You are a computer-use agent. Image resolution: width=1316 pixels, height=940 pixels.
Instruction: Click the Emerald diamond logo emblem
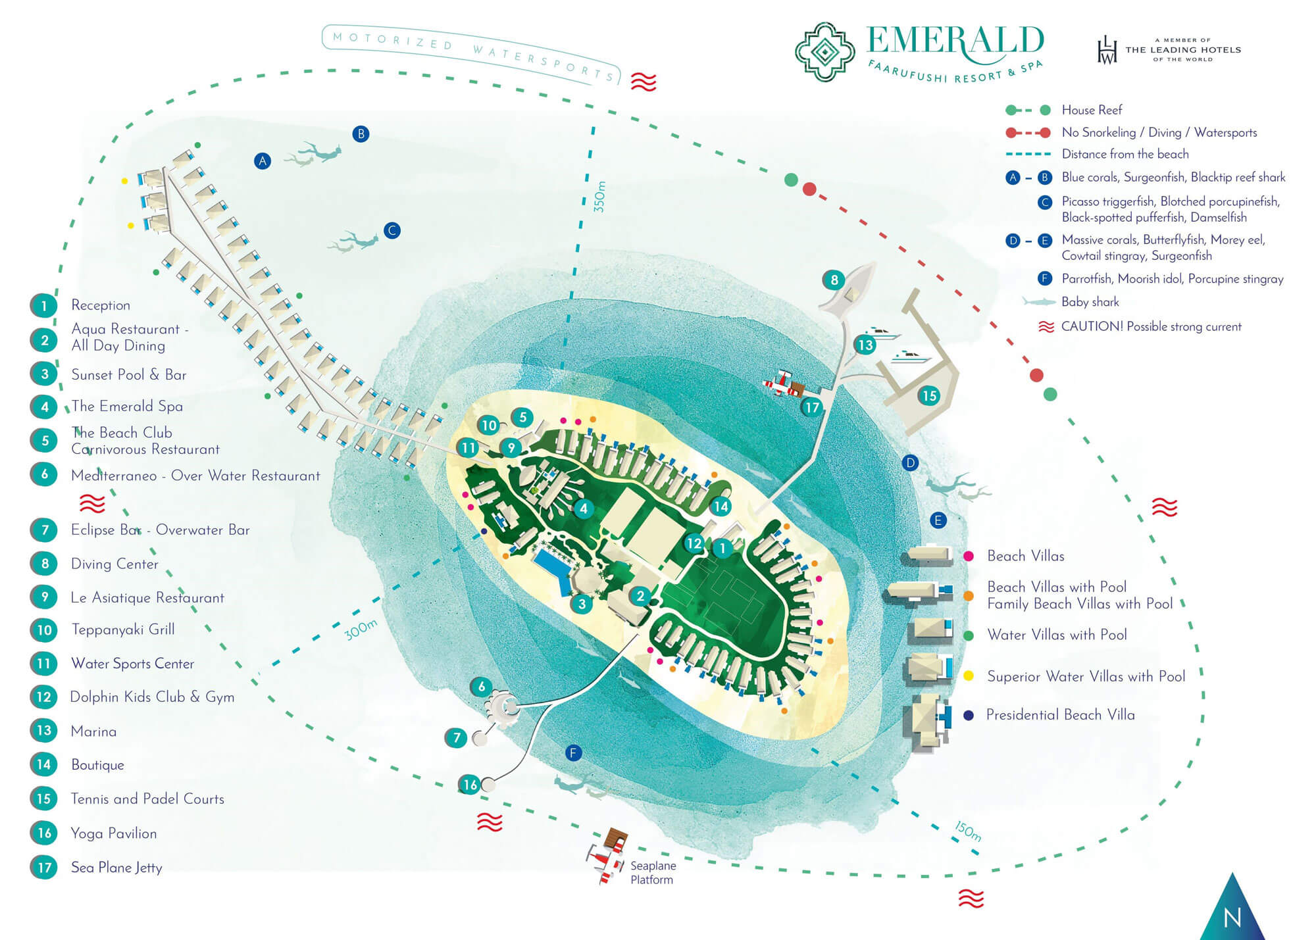pos(824,51)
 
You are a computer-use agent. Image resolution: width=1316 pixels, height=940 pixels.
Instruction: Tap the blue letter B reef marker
pos(360,134)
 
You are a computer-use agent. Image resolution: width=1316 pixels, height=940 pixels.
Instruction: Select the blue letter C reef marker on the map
pos(392,231)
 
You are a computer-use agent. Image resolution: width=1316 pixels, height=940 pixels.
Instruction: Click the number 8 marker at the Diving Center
pos(834,280)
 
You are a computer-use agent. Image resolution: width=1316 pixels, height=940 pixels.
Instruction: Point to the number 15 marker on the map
pos(928,395)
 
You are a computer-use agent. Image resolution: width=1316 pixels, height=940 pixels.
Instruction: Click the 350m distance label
pos(599,196)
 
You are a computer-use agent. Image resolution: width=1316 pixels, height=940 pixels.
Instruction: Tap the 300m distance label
pos(361,630)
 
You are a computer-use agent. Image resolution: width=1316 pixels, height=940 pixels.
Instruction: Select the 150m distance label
pos(968,831)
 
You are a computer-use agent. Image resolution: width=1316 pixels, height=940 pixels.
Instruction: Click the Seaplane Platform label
pos(652,873)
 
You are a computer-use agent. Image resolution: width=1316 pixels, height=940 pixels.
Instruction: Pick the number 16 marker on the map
pos(470,784)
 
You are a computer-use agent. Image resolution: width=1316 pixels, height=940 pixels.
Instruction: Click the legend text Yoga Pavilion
pos(114,833)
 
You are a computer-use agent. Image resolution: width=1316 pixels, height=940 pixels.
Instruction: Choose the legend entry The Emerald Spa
pos(127,407)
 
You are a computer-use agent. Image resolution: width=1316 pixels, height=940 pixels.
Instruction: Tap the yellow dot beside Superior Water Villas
pos(969,676)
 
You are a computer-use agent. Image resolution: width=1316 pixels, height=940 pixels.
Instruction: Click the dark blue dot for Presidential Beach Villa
pos(969,715)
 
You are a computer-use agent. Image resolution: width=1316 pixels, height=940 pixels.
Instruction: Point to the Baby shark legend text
pos(1090,302)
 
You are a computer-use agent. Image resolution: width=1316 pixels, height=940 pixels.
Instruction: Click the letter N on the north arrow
pos(1232,917)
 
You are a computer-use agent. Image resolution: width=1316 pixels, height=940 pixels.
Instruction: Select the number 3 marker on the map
pos(582,604)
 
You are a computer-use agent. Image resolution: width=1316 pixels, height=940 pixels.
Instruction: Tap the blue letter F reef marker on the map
pos(573,753)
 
